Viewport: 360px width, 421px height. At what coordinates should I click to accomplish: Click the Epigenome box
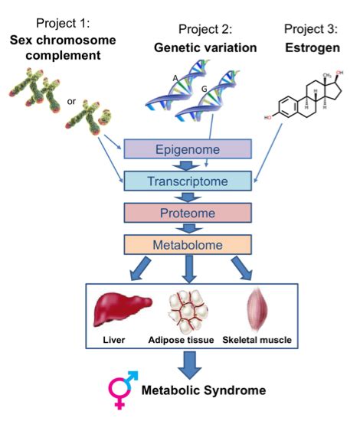[x=188, y=149]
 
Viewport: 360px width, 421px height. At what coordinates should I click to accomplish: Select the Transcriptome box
[x=188, y=181]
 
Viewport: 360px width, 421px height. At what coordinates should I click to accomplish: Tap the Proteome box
[x=188, y=213]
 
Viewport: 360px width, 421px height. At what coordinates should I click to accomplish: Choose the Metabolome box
[x=188, y=245]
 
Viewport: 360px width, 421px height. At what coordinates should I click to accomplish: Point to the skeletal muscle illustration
[x=257, y=309]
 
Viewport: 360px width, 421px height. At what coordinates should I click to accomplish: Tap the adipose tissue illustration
[x=188, y=312]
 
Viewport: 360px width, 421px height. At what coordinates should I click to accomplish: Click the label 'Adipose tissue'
[x=181, y=340]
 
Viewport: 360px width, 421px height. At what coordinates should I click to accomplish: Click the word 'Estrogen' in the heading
[x=313, y=47]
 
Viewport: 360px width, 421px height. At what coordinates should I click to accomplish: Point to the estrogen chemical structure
[x=304, y=95]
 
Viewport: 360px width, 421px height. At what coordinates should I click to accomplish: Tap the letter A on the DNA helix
[x=175, y=78]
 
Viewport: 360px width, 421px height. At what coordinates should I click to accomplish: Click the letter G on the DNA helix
[x=205, y=89]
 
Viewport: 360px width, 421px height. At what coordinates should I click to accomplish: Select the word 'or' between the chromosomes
[x=71, y=101]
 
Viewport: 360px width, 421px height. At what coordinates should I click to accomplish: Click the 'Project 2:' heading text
[x=205, y=29]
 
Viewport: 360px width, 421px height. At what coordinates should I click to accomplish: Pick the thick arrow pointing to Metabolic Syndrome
[x=189, y=365]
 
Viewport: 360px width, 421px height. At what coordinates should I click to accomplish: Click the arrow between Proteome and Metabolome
[x=189, y=229]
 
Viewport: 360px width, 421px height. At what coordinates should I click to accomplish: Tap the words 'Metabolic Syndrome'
[x=204, y=390]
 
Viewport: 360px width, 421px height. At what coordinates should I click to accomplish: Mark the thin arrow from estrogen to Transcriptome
[x=268, y=153]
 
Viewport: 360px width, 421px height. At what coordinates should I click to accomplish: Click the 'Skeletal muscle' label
[x=257, y=340]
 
